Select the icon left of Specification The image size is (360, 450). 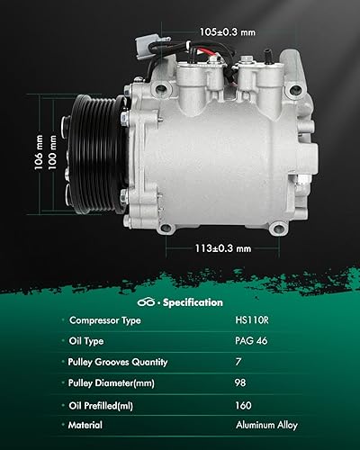coord(148,302)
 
